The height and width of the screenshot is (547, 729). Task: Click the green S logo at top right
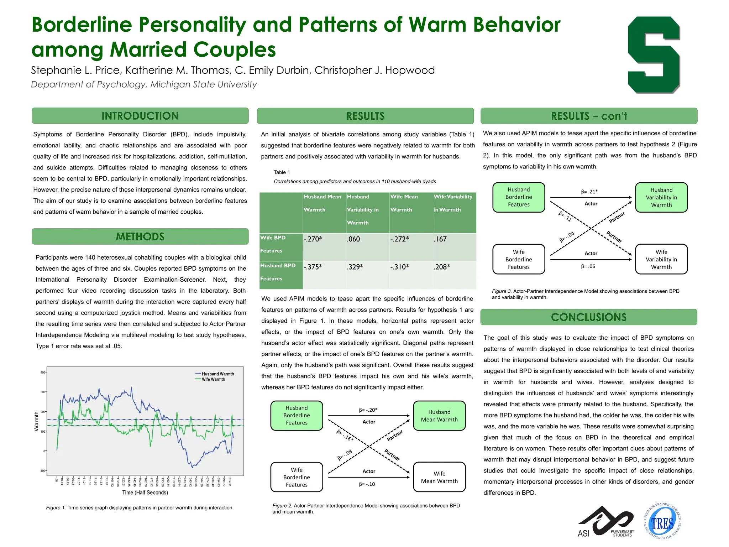tap(654, 55)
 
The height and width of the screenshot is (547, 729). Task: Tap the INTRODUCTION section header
tap(140, 116)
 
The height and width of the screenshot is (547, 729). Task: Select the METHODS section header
tap(140, 237)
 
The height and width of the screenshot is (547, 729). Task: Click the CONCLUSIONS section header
tap(588, 317)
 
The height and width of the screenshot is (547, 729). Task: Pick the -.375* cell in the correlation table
tap(313, 267)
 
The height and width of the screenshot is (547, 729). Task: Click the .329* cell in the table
tap(355, 267)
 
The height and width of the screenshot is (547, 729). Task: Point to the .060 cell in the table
tap(353, 239)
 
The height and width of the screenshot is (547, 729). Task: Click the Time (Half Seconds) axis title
tap(145, 493)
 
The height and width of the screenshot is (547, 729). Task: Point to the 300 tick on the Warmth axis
tap(43, 392)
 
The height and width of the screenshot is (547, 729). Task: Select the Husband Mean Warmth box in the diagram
tap(439, 416)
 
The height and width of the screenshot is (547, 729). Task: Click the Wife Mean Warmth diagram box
tap(439, 477)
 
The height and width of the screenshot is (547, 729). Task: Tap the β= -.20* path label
tap(368, 410)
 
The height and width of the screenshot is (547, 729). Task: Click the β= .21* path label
tap(589, 192)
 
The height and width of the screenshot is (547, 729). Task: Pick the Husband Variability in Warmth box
tap(661, 198)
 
